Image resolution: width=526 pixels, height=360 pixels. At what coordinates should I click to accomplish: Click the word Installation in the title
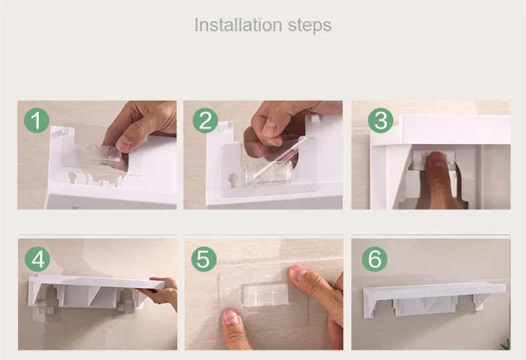(x=238, y=25)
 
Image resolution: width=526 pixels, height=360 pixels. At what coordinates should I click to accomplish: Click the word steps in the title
(x=309, y=26)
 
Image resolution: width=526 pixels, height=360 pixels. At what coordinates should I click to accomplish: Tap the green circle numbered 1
(x=37, y=121)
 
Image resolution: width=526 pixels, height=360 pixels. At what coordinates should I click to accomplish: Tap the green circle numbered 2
(x=205, y=121)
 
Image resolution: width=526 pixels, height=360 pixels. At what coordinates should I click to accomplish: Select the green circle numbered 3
(x=381, y=121)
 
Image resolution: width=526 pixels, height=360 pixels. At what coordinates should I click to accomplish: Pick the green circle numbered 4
(x=37, y=259)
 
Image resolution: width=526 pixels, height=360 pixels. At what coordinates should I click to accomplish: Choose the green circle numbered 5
(x=204, y=259)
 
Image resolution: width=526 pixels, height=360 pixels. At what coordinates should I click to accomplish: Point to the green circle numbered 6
(x=375, y=259)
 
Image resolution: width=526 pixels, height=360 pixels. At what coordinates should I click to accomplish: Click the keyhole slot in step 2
(x=232, y=180)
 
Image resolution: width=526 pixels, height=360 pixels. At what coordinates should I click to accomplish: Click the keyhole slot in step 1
(x=72, y=177)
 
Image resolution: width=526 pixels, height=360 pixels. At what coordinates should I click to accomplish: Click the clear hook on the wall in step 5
(x=265, y=294)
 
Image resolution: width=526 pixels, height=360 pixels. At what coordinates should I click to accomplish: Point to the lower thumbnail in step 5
(x=231, y=317)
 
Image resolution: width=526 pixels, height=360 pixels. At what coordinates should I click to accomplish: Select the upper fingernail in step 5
(x=299, y=273)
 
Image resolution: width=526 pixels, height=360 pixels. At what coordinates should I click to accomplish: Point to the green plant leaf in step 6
(x=505, y=344)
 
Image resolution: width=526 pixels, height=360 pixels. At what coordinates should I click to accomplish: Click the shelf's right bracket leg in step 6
(x=479, y=301)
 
